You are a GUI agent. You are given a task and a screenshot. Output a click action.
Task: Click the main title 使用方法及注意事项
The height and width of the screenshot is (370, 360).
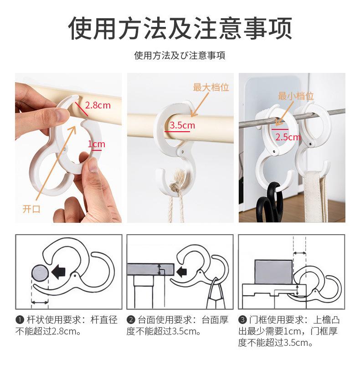point(180,28)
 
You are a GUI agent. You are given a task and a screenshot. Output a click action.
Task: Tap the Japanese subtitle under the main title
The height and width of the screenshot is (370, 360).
point(180,56)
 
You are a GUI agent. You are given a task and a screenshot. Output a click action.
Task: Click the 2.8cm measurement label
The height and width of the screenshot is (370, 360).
point(98,105)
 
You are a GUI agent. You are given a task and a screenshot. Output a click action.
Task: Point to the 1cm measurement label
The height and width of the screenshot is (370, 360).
point(97,144)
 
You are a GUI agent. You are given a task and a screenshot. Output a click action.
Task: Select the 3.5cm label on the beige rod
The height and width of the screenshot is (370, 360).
point(182,125)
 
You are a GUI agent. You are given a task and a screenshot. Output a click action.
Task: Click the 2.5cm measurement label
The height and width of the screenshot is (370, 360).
point(288,137)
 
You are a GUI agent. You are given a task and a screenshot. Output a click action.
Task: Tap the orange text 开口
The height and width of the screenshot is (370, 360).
point(31,209)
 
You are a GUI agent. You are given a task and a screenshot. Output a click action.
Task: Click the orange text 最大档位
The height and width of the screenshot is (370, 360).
point(211,87)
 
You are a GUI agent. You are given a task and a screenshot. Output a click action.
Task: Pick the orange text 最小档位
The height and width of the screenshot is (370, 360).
point(296,96)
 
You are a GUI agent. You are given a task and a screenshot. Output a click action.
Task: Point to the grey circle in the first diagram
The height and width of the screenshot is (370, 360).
point(40,273)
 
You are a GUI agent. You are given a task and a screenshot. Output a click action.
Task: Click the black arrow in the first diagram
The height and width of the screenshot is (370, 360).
point(58,272)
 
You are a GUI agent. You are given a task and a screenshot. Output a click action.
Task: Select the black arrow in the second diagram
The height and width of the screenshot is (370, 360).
point(181,272)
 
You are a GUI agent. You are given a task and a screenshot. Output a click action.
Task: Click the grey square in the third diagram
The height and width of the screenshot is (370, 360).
point(273,272)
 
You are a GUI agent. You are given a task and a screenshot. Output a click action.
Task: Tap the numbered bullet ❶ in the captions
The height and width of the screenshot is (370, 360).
point(20,320)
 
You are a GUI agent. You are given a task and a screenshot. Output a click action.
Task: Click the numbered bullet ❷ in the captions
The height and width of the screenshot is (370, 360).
point(131,320)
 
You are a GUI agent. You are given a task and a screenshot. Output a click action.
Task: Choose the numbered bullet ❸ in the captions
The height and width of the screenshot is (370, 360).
point(242,320)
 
